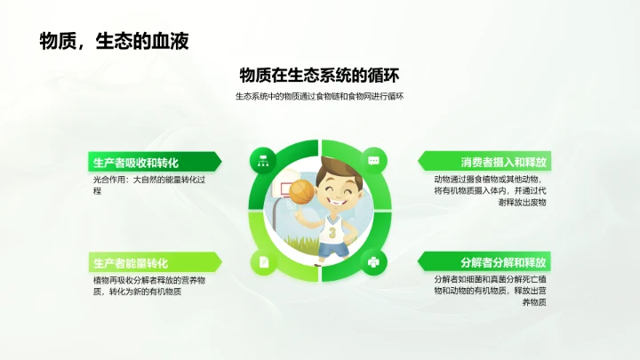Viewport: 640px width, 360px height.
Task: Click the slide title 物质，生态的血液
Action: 113,41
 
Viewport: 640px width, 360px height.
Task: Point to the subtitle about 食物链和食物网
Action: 319,97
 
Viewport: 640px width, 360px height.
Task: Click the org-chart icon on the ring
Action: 263,161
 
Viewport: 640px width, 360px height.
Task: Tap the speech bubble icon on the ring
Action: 374,161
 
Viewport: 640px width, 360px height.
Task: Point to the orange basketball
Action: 301,188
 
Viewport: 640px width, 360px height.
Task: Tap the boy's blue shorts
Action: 333,250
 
